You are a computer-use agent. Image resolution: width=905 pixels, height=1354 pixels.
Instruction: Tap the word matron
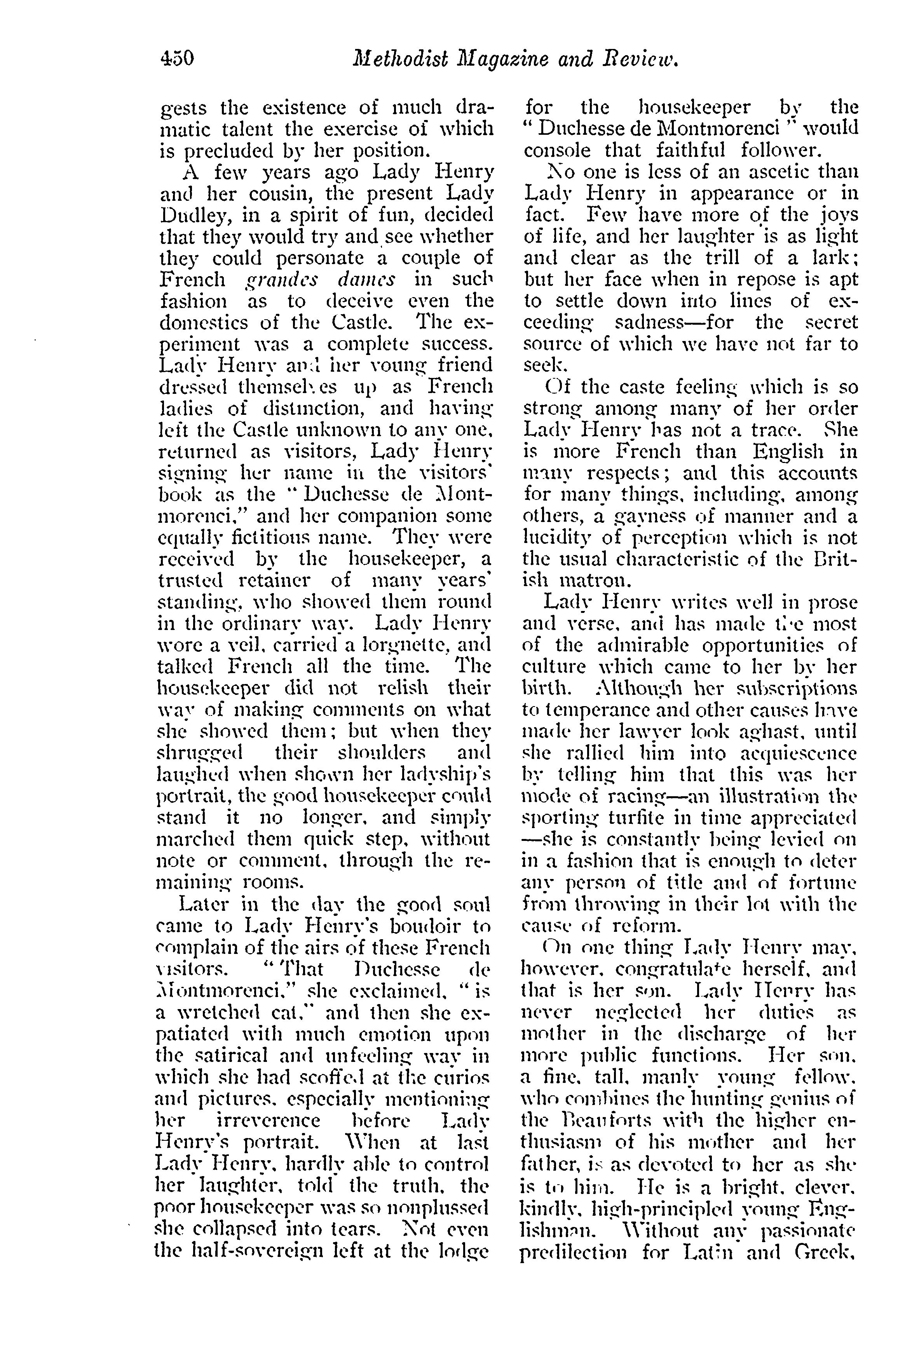coord(593,580)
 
